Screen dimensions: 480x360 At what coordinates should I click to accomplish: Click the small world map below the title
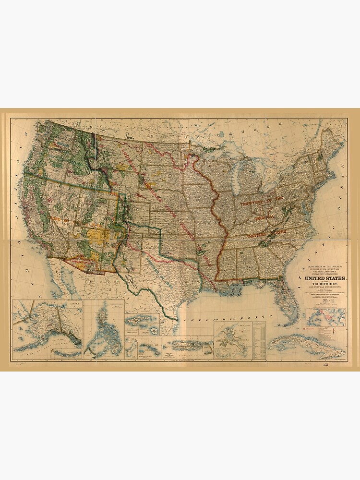324,317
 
